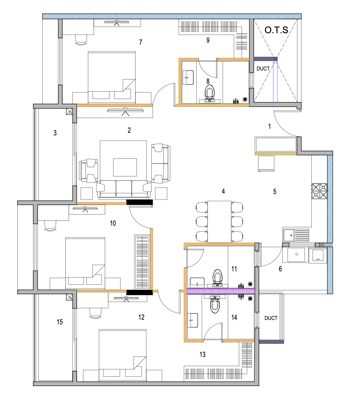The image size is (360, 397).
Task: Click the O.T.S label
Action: coord(276,30)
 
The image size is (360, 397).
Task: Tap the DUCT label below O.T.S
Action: coord(263,69)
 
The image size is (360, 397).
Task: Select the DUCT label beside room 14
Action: coord(271,318)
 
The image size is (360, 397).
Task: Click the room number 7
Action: coord(140,42)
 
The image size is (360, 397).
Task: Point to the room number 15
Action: coord(60,322)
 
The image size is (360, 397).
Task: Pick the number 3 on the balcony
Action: coord(55,133)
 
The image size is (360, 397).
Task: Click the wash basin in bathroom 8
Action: coord(188,78)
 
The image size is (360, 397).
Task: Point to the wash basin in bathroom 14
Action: coord(193,320)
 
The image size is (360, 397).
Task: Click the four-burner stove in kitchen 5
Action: coord(319,191)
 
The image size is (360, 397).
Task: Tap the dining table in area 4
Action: coord(219,222)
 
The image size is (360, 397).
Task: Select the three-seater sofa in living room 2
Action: coord(124,189)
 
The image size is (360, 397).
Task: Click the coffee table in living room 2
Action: coord(125,167)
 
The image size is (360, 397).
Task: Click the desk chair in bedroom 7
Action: coord(81,40)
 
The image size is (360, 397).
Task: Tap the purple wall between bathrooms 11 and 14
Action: coord(221,291)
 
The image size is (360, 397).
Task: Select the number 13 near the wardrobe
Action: coord(202,354)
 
